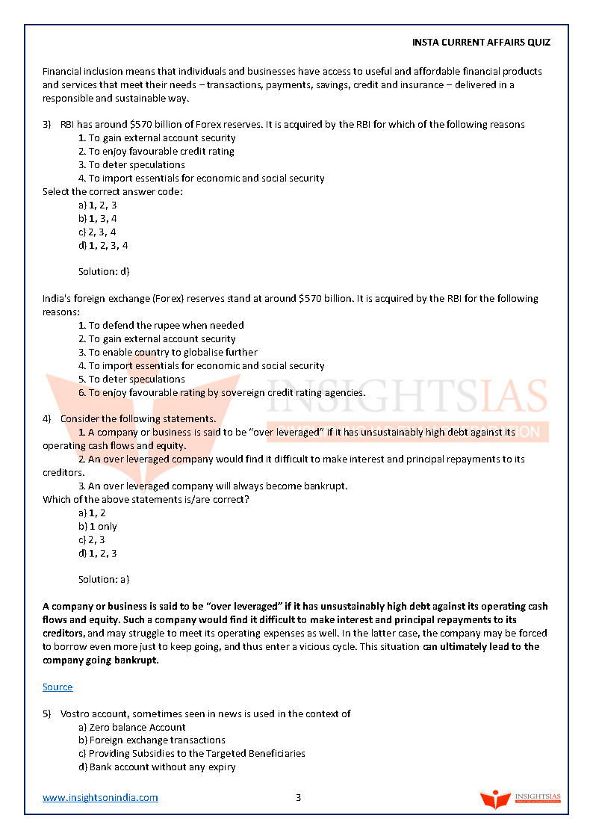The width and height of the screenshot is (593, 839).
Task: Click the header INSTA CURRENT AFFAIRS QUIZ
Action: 481,43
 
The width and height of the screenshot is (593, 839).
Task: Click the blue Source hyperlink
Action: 58,687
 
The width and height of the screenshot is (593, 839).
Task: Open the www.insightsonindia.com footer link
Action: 100,797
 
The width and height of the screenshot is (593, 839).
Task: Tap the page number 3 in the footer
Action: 298,797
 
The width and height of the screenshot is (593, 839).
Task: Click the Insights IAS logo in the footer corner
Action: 521,799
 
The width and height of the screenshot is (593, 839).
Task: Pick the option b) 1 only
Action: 98,526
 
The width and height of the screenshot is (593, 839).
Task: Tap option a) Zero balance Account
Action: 132,727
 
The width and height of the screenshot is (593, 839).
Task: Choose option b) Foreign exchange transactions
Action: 152,740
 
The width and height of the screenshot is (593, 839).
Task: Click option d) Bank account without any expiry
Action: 157,767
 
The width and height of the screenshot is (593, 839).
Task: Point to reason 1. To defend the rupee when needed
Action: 161,325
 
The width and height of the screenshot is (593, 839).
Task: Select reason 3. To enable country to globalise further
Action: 168,352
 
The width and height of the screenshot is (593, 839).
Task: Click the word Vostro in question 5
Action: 75,713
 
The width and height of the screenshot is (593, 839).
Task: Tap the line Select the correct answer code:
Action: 113,191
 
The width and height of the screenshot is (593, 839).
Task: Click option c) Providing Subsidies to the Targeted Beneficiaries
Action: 192,753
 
